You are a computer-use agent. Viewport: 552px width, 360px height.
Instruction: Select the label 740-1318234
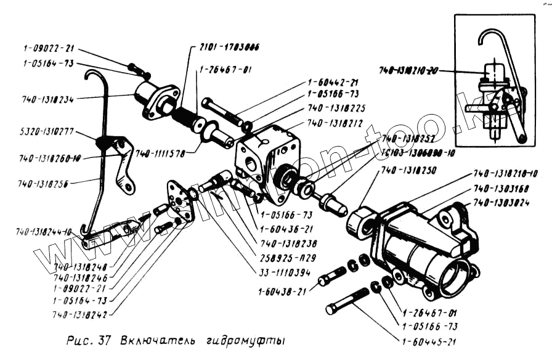[46, 98]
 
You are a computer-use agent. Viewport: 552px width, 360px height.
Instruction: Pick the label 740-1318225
[336, 107]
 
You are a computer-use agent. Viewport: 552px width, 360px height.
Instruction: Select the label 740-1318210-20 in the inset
[407, 72]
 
